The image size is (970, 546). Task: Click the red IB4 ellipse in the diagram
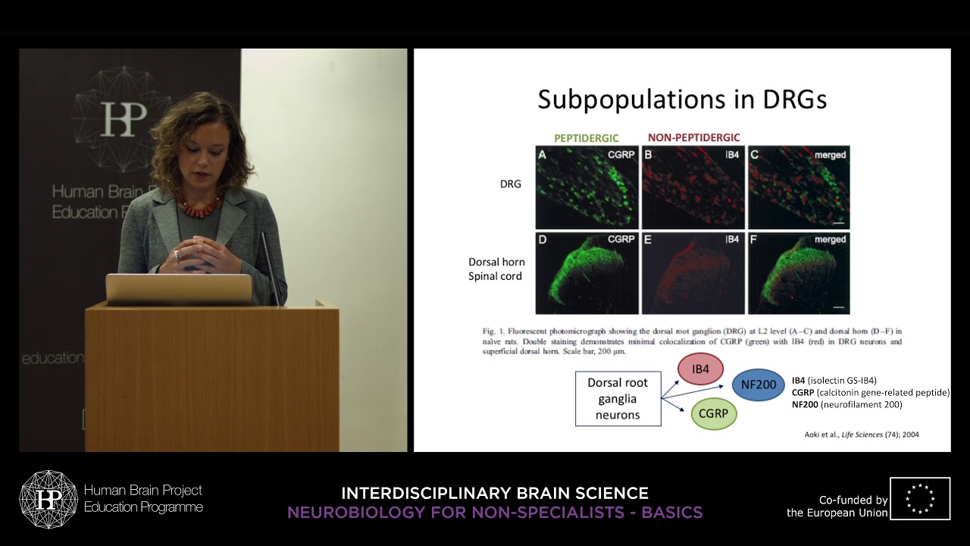click(x=700, y=369)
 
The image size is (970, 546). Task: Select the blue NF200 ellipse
click(x=759, y=384)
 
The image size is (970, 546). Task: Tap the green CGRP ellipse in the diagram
click(x=713, y=413)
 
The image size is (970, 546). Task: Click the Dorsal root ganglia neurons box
click(x=618, y=399)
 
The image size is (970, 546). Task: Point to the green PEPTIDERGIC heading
click(x=587, y=138)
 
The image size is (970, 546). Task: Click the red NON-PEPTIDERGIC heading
click(x=693, y=138)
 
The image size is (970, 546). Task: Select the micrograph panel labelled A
click(x=587, y=187)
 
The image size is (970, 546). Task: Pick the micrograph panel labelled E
click(x=693, y=273)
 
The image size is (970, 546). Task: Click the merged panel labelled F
click(x=799, y=273)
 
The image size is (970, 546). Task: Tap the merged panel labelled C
click(x=799, y=187)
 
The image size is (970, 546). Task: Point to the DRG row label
click(x=510, y=184)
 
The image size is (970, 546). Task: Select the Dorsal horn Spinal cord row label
click(x=496, y=269)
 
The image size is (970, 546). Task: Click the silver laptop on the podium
click(x=179, y=289)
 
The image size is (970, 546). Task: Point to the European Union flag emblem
click(x=920, y=498)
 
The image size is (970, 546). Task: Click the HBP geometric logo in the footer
click(x=48, y=499)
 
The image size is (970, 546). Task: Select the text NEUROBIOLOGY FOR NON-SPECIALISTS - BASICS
click(x=495, y=513)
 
